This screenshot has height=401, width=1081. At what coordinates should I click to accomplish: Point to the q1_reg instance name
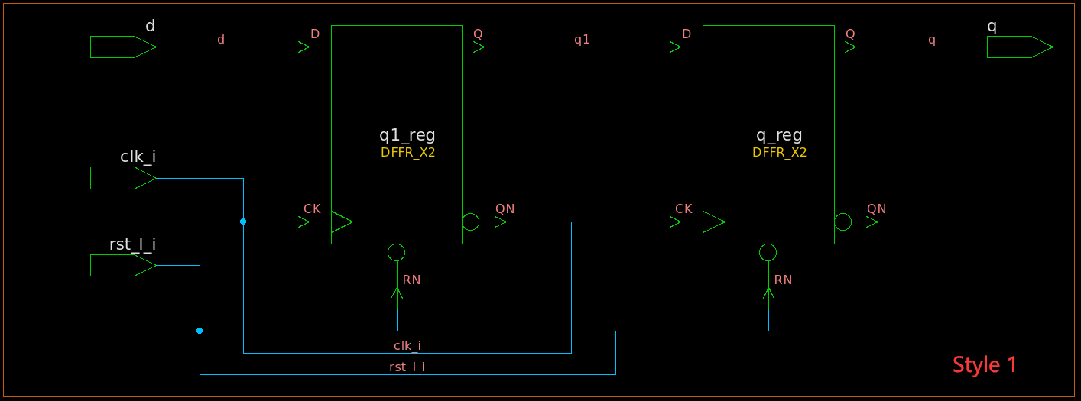point(407,136)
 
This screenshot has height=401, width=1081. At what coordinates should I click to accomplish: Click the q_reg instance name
point(779,136)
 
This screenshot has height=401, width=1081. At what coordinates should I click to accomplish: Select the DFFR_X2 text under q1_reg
point(407,153)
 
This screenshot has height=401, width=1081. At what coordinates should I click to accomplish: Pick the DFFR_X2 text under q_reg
point(779,153)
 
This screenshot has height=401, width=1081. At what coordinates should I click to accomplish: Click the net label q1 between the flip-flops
point(582,40)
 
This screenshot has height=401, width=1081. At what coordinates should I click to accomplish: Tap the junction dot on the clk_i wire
point(243,222)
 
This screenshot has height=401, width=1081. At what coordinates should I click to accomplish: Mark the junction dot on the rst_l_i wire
point(200,331)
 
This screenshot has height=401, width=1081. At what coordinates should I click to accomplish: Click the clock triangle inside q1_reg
point(341,222)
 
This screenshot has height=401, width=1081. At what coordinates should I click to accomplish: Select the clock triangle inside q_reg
point(713,222)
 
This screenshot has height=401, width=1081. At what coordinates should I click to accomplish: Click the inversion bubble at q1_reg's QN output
point(471,222)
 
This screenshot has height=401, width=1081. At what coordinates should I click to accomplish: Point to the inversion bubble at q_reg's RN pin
point(768,253)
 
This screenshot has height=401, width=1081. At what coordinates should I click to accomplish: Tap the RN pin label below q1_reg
point(411,280)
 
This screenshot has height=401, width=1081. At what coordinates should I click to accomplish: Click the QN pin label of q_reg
point(876,209)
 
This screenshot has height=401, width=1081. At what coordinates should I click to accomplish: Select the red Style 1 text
point(985,365)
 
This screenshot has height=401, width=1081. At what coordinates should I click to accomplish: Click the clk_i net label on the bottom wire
point(407,346)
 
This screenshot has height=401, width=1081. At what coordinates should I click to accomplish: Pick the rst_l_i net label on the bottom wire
point(407,367)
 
